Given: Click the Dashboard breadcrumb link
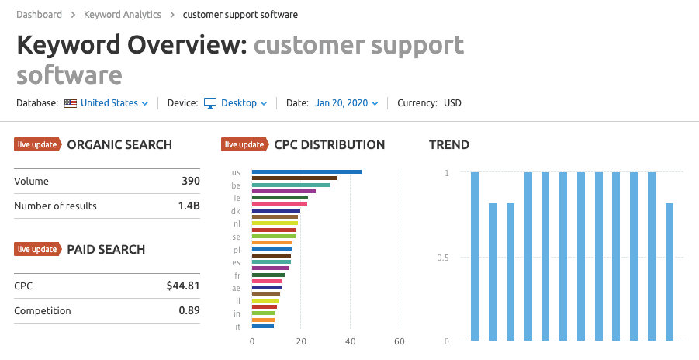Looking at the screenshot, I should pyautogui.click(x=39, y=14).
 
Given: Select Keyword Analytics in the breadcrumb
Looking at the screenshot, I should pyautogui.click(x=122, y=14).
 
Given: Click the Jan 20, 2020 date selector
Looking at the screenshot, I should pyautogui.click(x=346, y=103).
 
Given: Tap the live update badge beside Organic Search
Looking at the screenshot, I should pyautogui.click(x=37, y=144).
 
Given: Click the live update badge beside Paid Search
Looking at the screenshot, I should pyautogui.click(x=37, y=249).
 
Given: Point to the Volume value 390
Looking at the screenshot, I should pyautogui.click(x=190, y=182).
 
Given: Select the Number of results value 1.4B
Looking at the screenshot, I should pyautogui.click(x=188, y=206).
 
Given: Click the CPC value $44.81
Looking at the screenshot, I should pyautogui.click(x=183, y=286).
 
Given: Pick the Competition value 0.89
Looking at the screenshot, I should pyautogui.click(x=189, y=311).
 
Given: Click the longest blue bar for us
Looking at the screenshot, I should pyautogui.click(x=306, y=171).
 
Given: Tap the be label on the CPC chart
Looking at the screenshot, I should pyautogui.click(x=236, y=185).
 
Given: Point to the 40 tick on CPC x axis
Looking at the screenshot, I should pyautogui.click(x=351, y=341).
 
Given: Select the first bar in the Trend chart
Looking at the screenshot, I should pyautogui.click(x=475, y=256).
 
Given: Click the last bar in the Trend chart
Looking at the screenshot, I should pyautogui.click(x=670, y=272).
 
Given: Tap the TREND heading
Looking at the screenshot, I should pyautogui.click(x=449, y=144).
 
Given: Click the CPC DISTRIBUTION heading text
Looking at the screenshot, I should pyautogui.click(x=329, y=144).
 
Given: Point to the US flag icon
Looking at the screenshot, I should pyautogui.click(x=71, y=103).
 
